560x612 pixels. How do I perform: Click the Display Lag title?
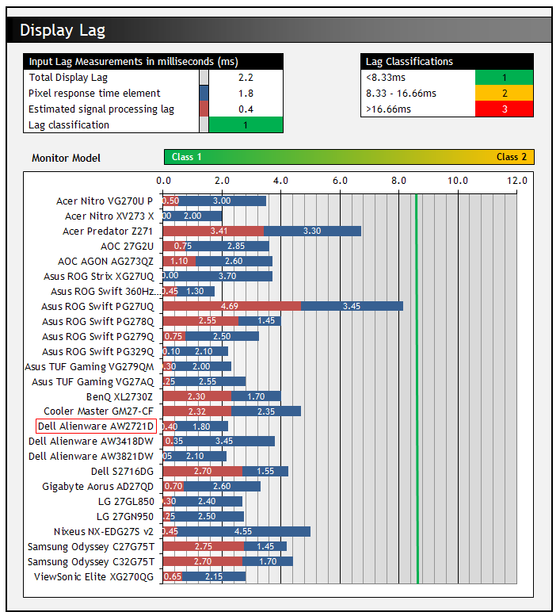[63, 31]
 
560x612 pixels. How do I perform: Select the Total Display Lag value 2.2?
[246, 78]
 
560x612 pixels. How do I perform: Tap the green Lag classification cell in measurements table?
[246, 125]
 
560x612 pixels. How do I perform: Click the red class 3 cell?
[504, 109]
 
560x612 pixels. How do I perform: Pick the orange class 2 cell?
[504, 94]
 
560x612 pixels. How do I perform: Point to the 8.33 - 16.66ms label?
[401, 94]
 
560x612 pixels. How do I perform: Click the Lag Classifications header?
[409, 61]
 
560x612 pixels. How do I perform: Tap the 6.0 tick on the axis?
[341, 181]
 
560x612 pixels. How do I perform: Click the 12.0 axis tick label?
[517, 181]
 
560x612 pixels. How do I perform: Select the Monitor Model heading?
[67, 158]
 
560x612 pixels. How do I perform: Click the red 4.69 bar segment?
[232, 306]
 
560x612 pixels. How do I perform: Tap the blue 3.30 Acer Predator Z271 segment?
[313, 231]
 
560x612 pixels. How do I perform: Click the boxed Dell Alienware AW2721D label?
[96, 426]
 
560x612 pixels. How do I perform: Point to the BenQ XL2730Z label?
[120, 396]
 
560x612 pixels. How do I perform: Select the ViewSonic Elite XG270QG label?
[94, 576]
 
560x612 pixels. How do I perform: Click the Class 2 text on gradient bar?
[511, 157]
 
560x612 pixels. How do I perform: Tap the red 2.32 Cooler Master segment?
[198, 411]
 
